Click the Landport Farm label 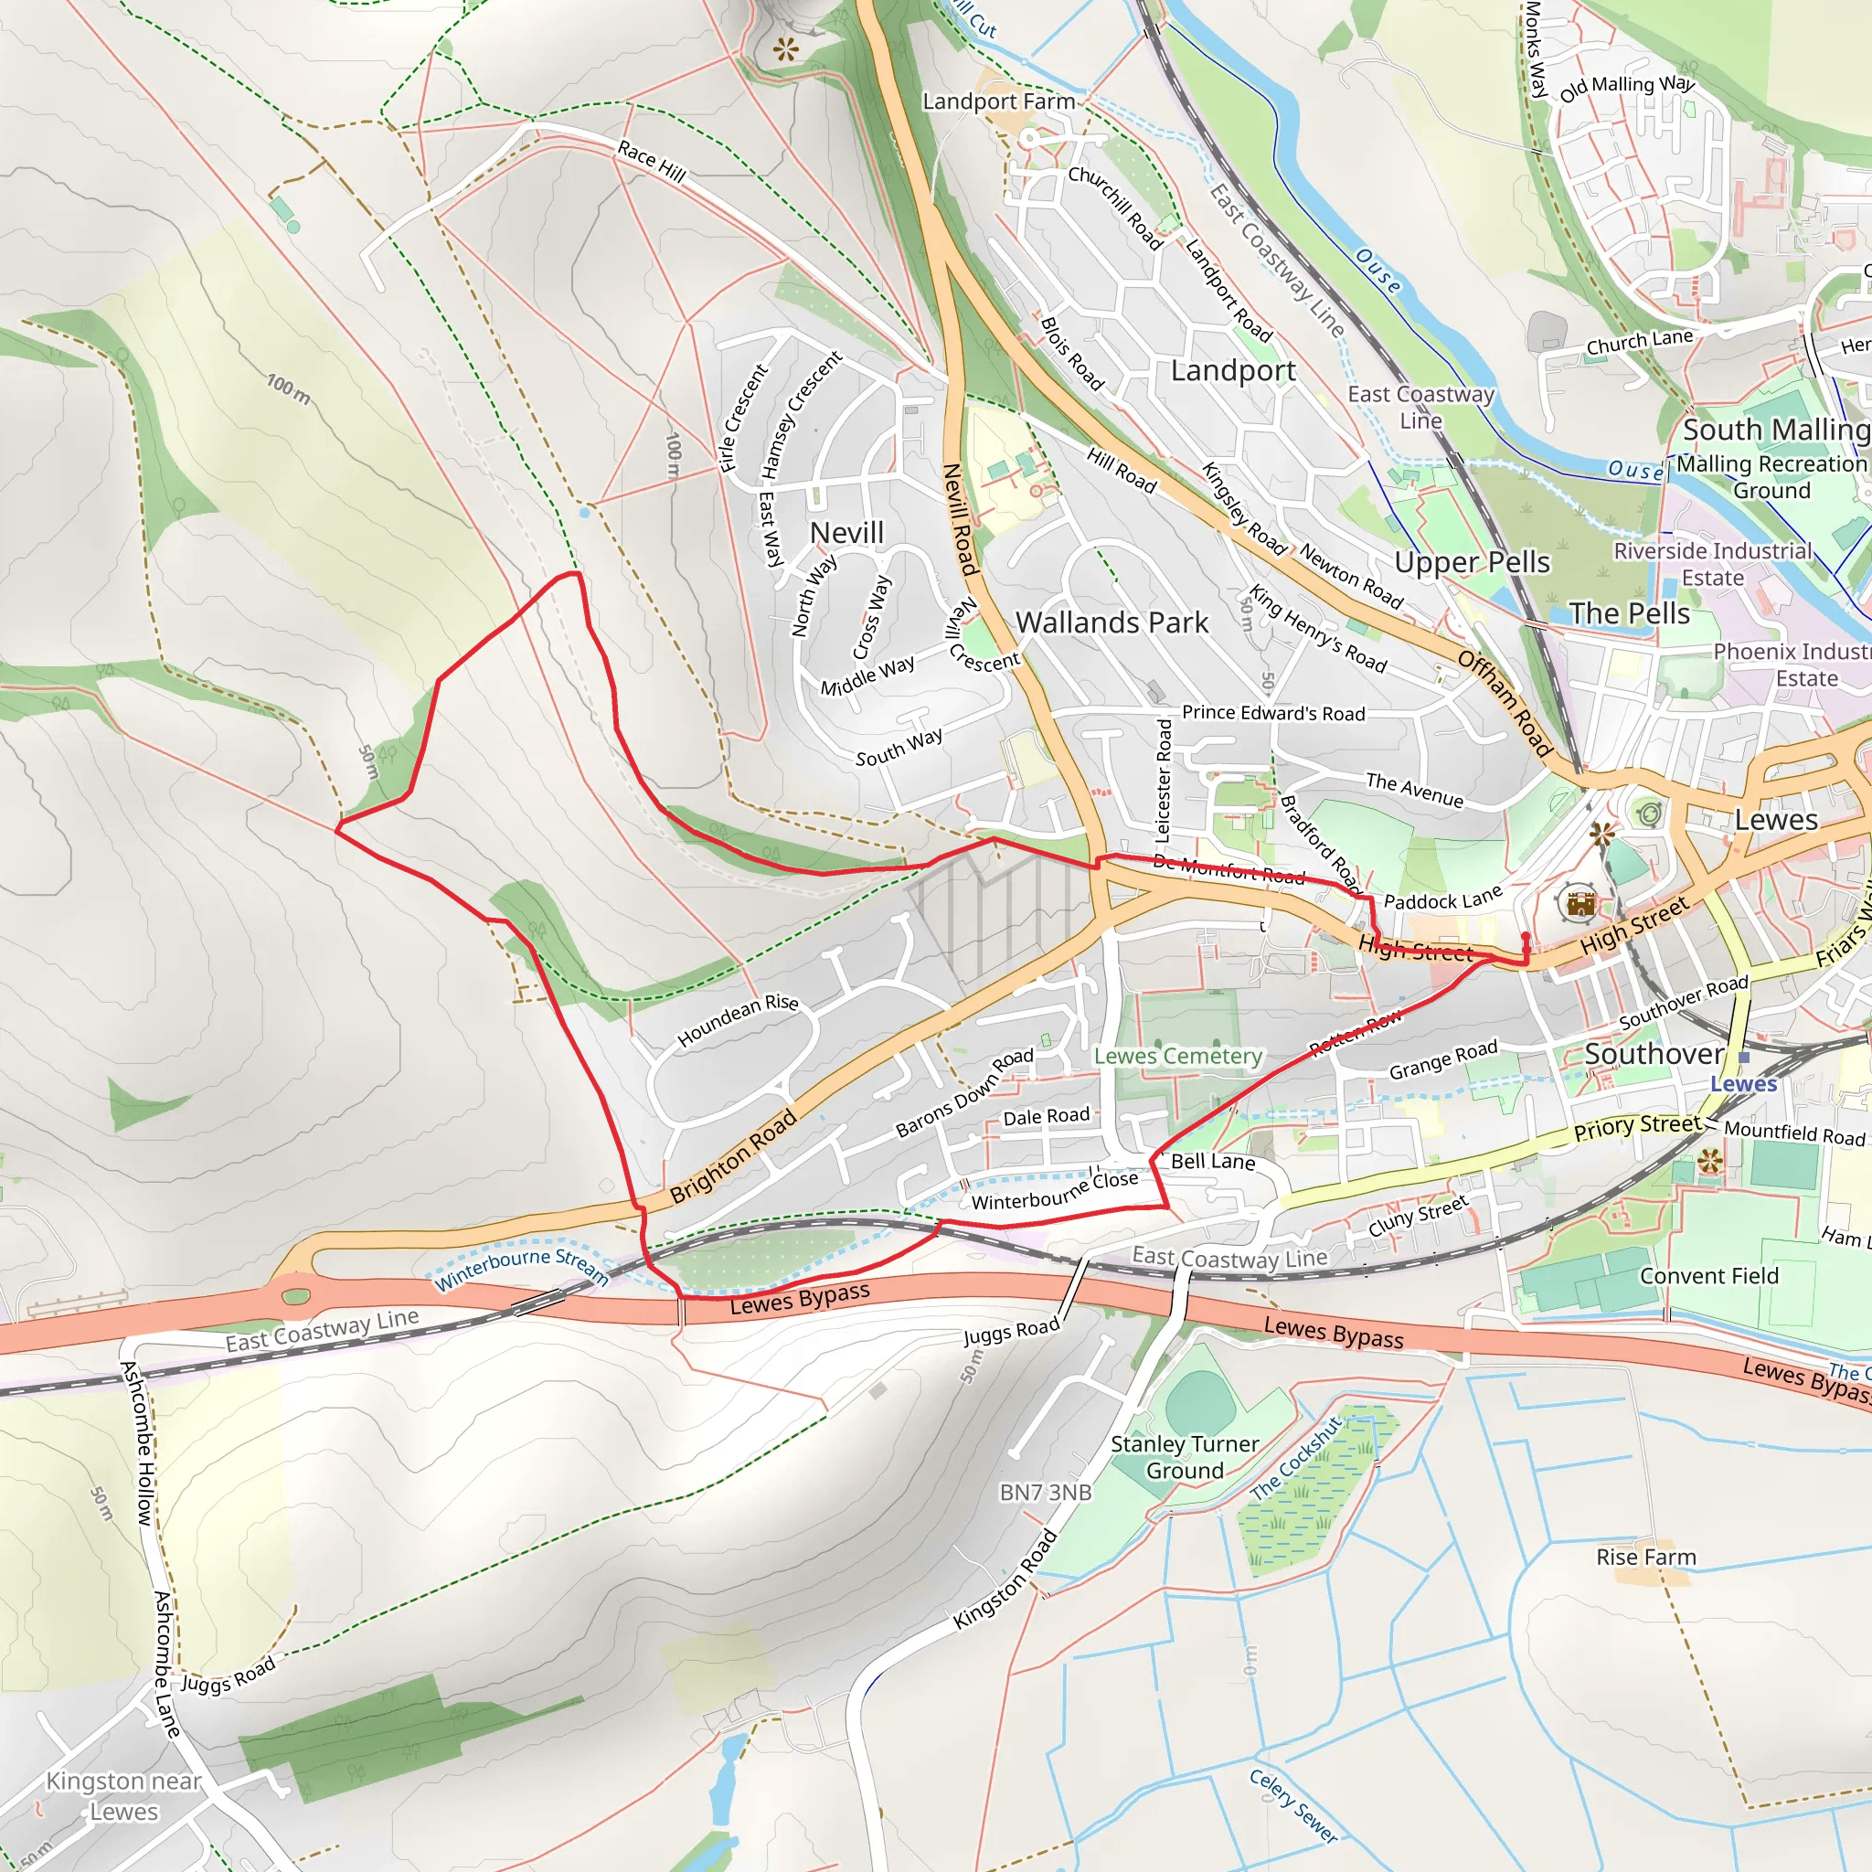pyautogui.click(x=998, y=101)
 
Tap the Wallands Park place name pyautogui.click(x=1111, y=623)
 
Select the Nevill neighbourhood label pyautogui.click(x=846, y=533)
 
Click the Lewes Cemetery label pyautogui.click(x=1177, y=1056)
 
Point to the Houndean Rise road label pyautogui.click(x=738, y=1020)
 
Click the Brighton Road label pyautogui.click(x=732, y=1156)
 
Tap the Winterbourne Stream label pyautogui.click(x=521, y=1271)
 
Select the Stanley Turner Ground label pyautogui.click(x=1184, y=1457)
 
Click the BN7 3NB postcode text pyautogui.click(x=1046, y=1492)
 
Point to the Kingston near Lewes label pyautogui.click(x=123, y=1795)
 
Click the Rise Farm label pyautogui.click(x=1645, y=1557)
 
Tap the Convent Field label pyautogui.click(x=1708, y=1276)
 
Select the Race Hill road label pyautogui.click(x=651, y=162)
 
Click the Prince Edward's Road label pyautogui.click(x=1272, y=713)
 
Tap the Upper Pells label pyautogui.click(x=1471, y=562)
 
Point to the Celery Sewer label pyautogui.click(x=1292, y=1805)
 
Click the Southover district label pyautogui.click(x=1653, y=1054)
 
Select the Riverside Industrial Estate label pyautogui.click(x=1711, y=564)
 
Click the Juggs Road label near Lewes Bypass pyautogui.click(x=1011, y=1334)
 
